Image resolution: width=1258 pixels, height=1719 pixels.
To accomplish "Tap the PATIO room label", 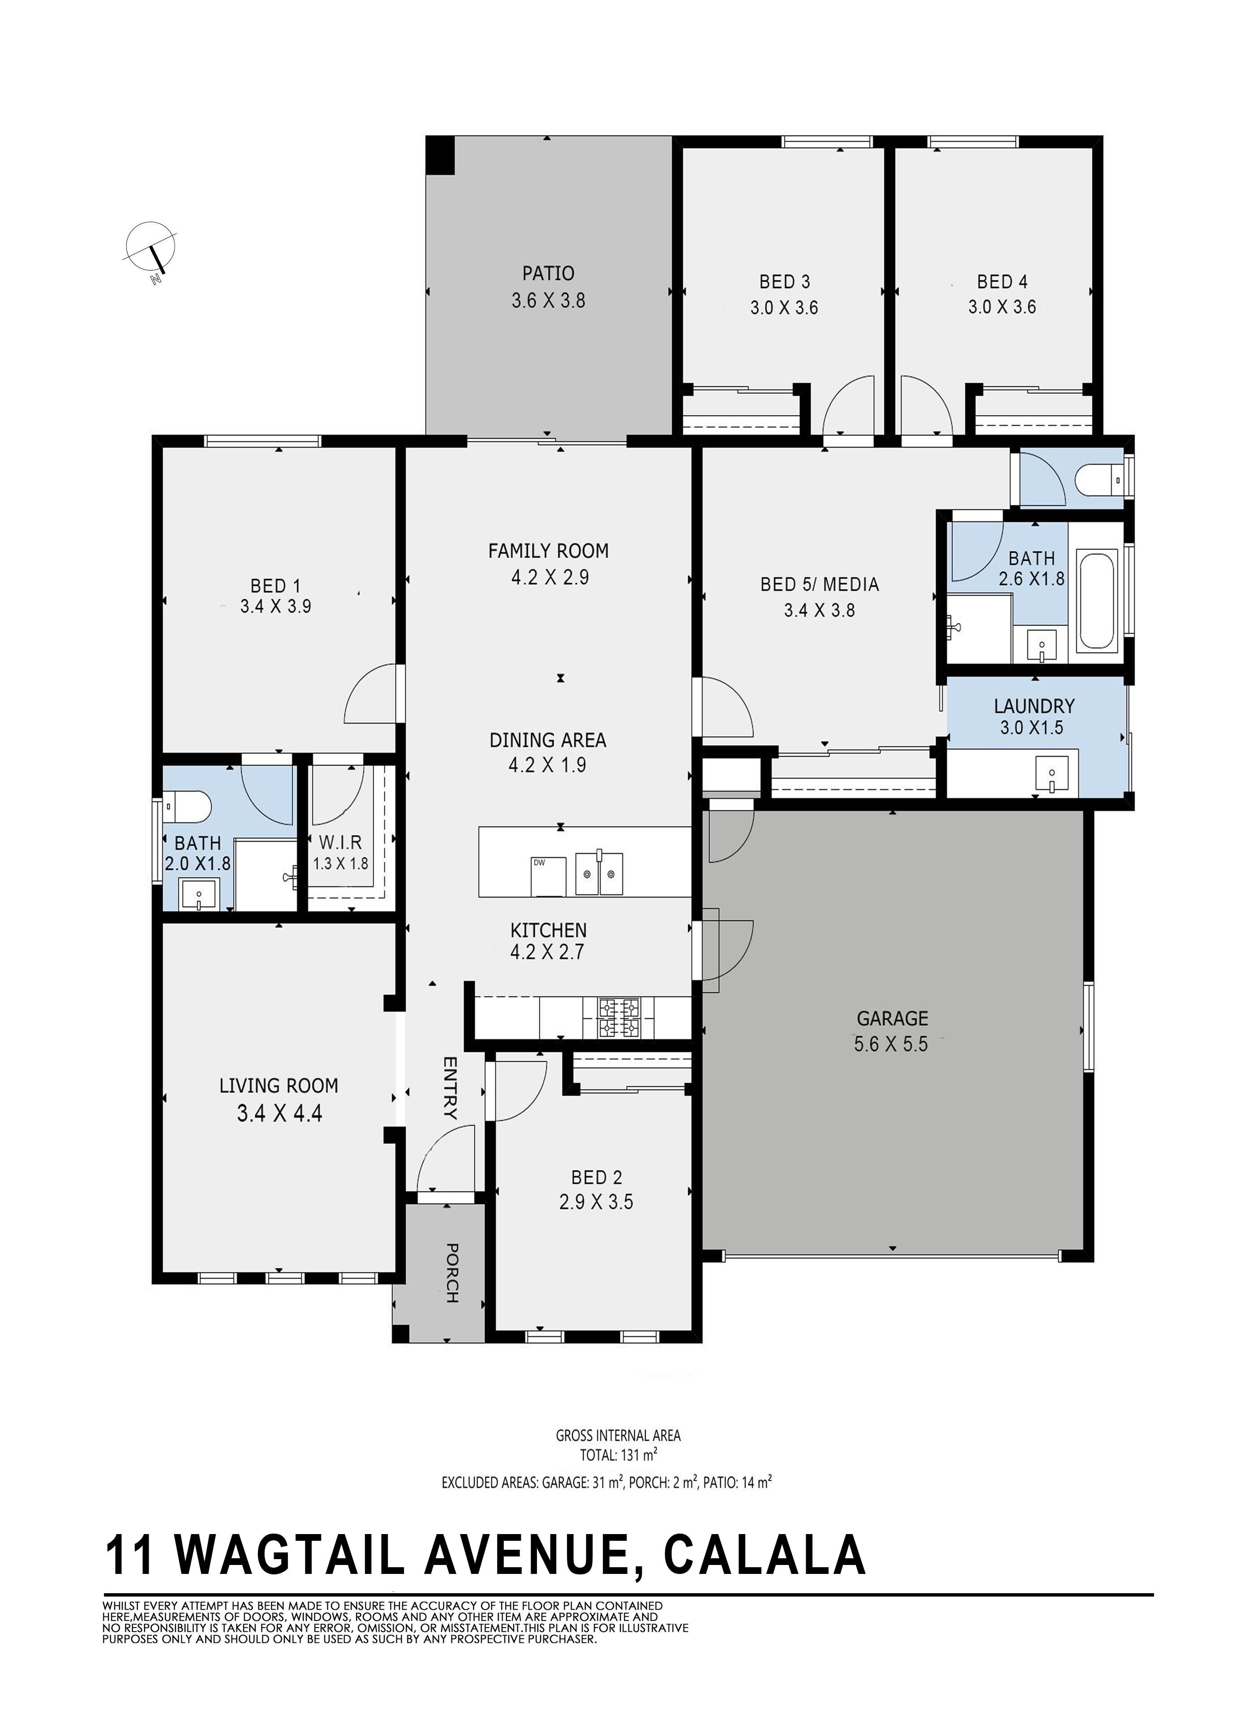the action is [x=548, y=273].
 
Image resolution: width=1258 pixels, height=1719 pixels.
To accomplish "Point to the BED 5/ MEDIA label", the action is [x=820, y=584].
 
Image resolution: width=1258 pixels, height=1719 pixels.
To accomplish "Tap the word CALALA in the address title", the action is [x=765, y=1555].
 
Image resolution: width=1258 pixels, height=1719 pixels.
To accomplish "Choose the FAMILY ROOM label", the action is [x=548, y=550].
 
